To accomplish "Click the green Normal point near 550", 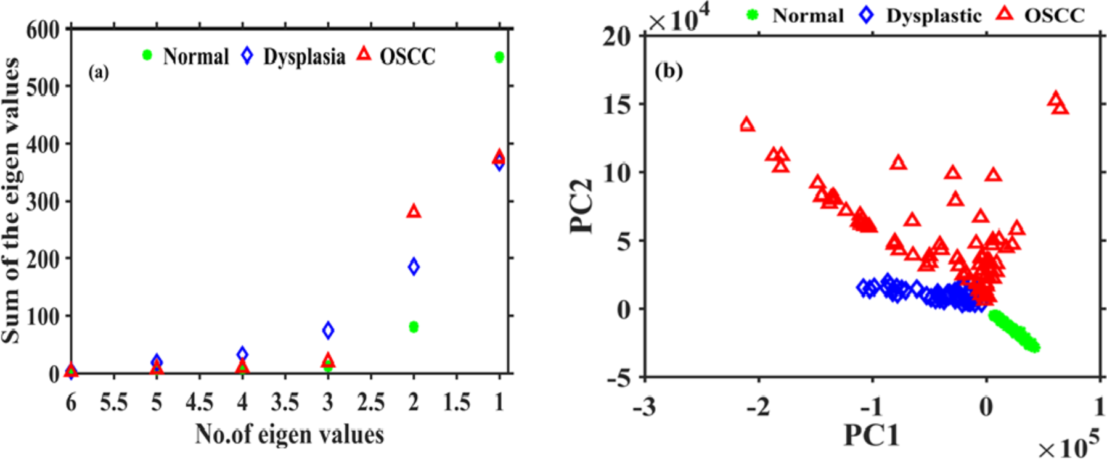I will (499, 57).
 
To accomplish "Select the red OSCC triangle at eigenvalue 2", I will (414, 212).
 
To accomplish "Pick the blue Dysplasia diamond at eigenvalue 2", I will (414, 267).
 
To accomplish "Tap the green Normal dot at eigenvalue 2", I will (414, 327).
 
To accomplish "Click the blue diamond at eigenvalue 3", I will (328, 330).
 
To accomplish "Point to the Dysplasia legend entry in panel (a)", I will (304, 57).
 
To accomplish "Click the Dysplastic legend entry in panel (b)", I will (933, 15).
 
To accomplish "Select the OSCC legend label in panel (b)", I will (1054, 15).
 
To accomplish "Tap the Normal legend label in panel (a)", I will (195, 57).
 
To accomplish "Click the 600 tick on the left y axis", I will (43, 30).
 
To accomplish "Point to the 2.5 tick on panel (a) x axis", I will (370, 403).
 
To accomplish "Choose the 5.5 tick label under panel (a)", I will (114, 403).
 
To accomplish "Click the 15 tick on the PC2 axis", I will (617, 104).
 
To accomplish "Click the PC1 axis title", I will (871, 436).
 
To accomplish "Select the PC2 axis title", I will (582, 207).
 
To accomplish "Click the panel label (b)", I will (669, 72).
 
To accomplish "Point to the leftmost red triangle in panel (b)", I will (747, 125).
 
